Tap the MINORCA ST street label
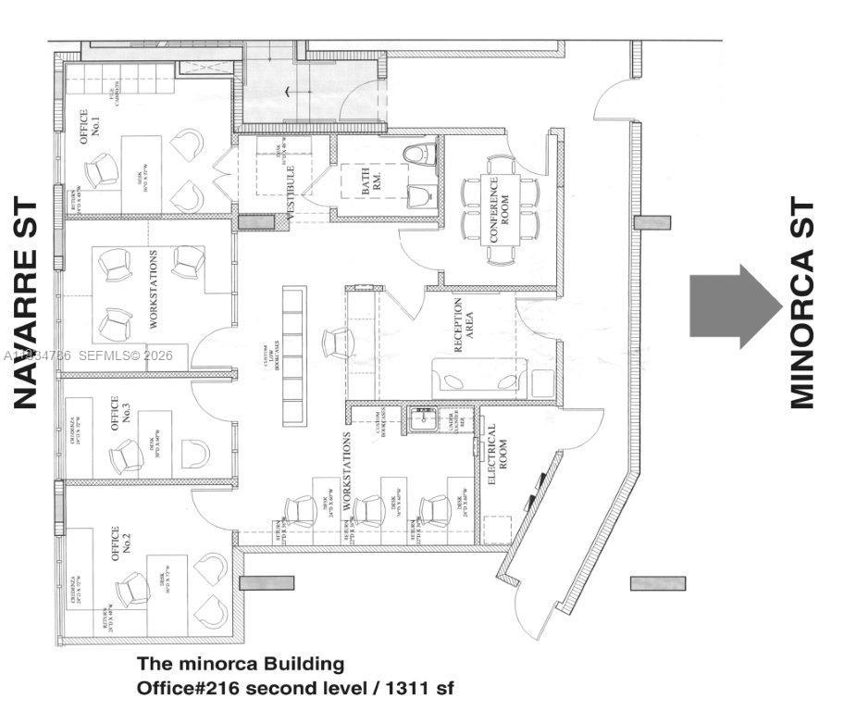pyautogui.click(x=802, y=303)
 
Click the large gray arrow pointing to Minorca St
pyautogui.click(x=735, y=306)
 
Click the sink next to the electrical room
pyautogui.click(x=425, y=419)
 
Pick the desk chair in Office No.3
pyautogui.click(x=125, y=455)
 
